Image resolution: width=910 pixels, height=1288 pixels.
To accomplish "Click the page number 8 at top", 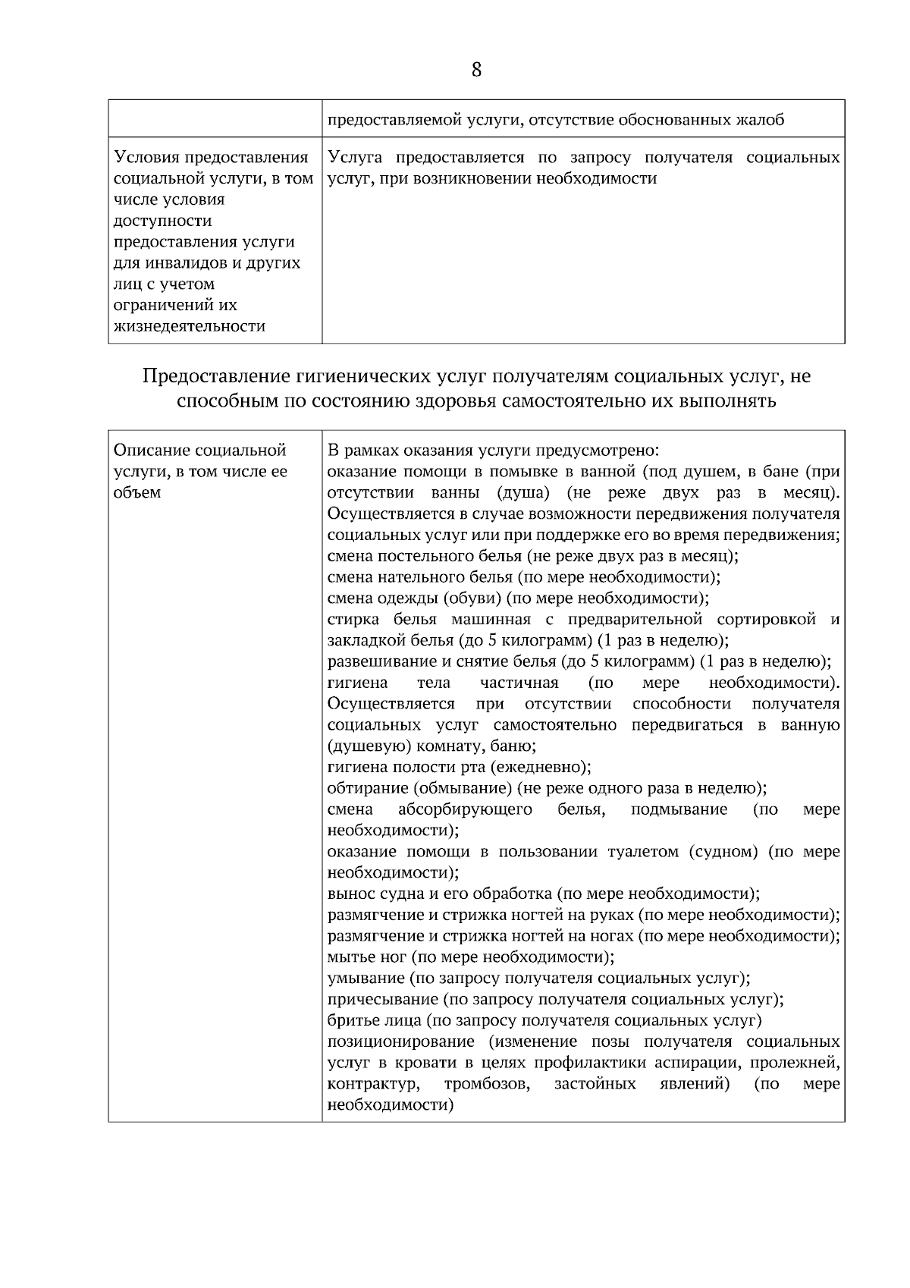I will click(x=476, y=71).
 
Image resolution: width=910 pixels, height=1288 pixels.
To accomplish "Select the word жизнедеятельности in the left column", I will click(x=189, y=326).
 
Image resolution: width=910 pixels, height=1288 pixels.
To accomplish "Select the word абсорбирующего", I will click(x=465, y=809).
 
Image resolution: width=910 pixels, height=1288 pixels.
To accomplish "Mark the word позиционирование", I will click(x=401, y=1041).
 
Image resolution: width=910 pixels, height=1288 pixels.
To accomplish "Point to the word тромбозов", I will click(x=487, y=1084).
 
